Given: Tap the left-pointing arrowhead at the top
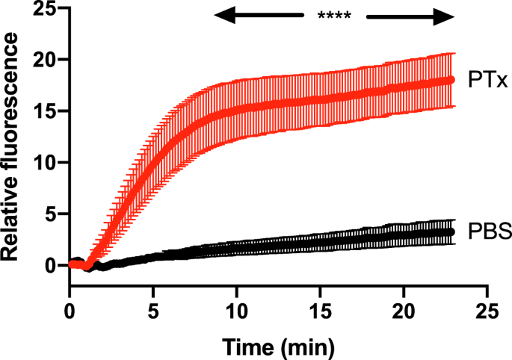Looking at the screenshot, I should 224,16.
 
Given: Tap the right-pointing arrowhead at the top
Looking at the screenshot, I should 444,16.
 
